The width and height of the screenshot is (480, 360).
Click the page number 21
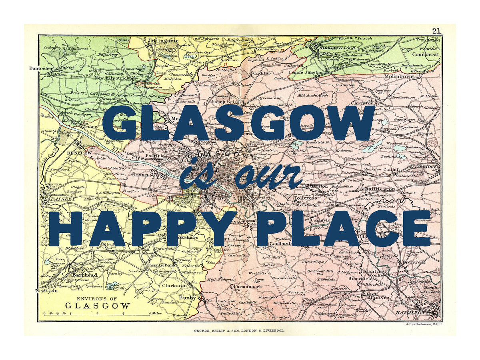[x=436, y=31]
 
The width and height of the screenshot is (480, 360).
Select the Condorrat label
[x=426, y=54]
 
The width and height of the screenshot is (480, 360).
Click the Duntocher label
[x=40, y=68]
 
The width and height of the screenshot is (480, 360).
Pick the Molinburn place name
[x=398, y=76]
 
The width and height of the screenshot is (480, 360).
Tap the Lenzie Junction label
[x=306, y=72]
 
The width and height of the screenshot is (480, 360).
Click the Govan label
[x=140, y=174]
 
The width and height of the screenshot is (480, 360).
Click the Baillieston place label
[x=380, y=189]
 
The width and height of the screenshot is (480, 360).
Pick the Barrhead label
[x=84, y=275]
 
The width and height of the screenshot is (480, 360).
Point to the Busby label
[x=187, y=298]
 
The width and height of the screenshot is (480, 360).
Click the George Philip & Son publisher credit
[x=239, y=331]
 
